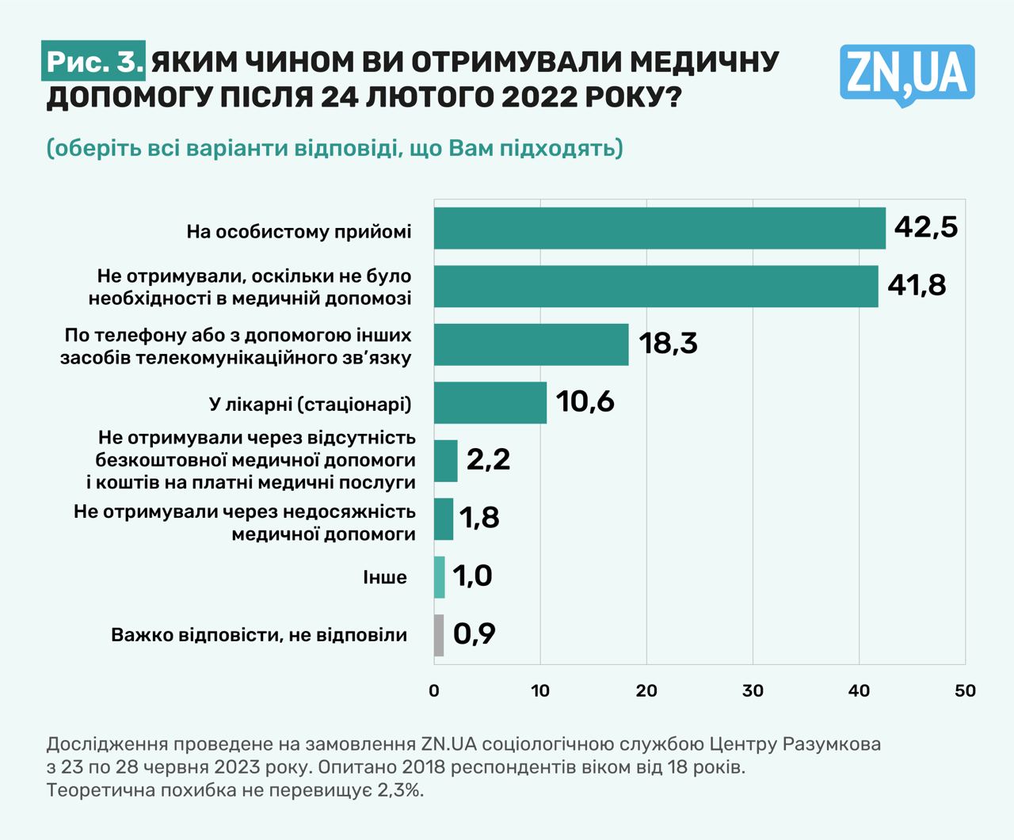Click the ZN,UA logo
tap(907, 74)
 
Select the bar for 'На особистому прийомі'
tap(659, 228)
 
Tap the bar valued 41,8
tap(656, 286)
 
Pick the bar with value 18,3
tap(531, 344)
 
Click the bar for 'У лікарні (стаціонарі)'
tap(490, 402)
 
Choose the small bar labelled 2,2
tap(445, 461)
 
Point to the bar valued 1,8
tap(444, 519)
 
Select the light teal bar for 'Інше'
tap(439, 577)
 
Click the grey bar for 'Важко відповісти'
tap(439, 635)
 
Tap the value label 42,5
tap(925, 227)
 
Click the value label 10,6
tap(585, 401)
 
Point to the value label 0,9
tap(474, 633)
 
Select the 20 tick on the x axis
tap(646, 690)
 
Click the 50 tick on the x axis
tap(965, 690)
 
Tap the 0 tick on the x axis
tap(434, 690)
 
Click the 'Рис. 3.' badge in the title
tap(93, 62)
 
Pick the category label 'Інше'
tap(385, 577)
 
